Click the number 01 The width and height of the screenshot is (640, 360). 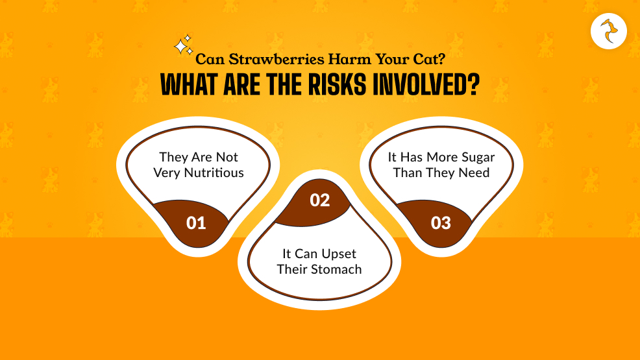(x=196, y=223)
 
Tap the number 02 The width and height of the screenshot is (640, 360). (x=320, y=200)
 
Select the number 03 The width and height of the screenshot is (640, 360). (x=441, y=223)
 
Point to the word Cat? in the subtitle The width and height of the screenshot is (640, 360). (x=428, y=60)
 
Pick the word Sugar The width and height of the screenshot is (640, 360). (x=477, y=158)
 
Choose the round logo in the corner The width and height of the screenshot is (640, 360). (x=609, y=31)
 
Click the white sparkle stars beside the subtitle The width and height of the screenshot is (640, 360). (x=183, y=45)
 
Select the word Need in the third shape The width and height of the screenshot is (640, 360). (x=476, y=173)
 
